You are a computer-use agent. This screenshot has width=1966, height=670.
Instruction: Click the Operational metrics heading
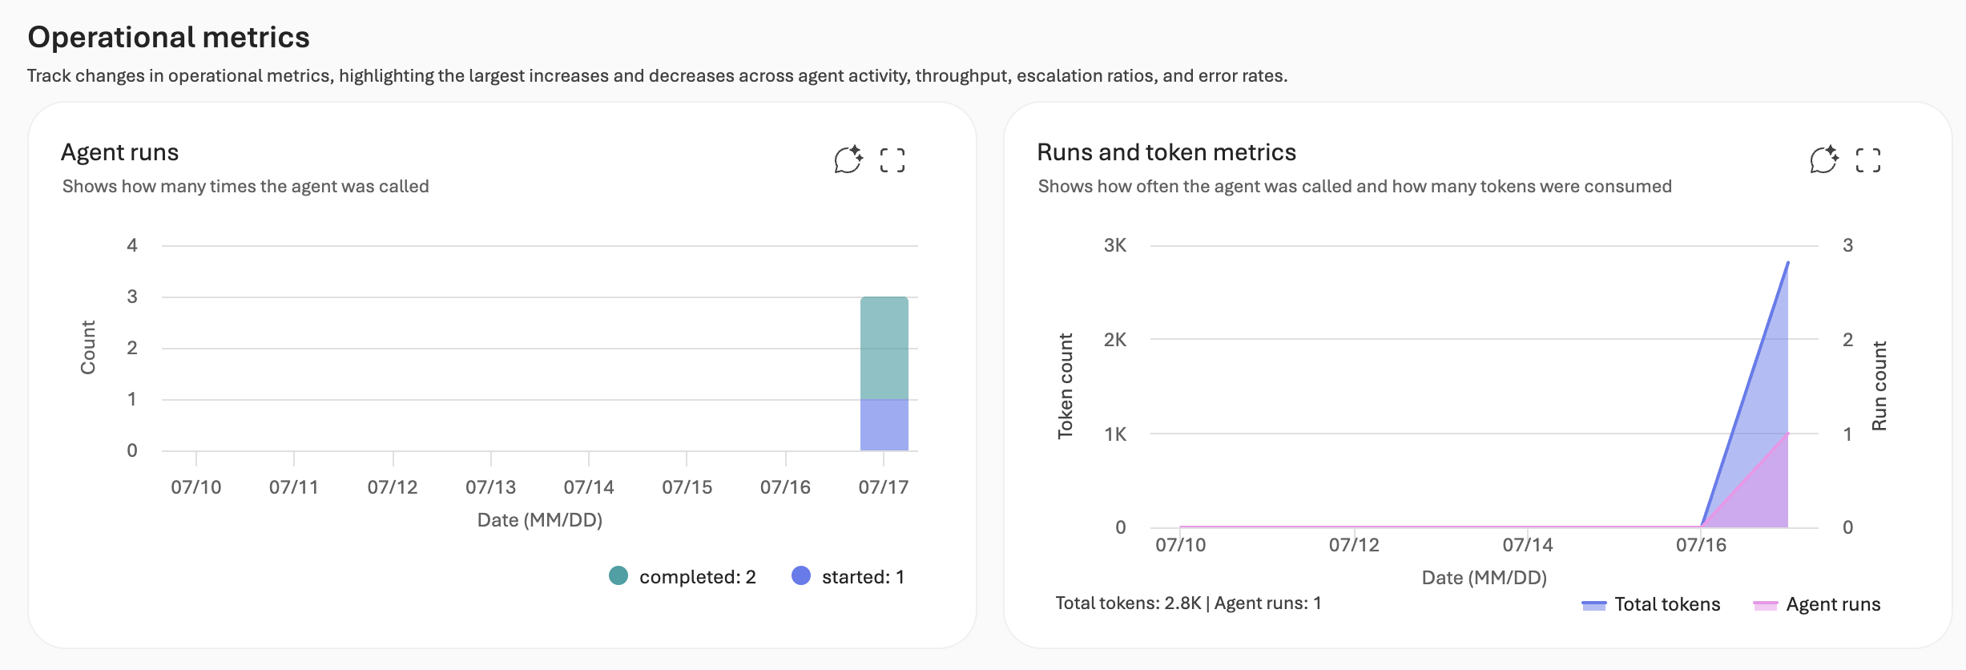coord(168,37)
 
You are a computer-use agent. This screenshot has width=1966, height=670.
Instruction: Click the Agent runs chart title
coord(120,152)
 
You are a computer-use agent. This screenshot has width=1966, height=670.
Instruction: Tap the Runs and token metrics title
coord(1166,152)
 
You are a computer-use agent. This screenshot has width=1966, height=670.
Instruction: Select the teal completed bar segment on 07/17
coord(884,349)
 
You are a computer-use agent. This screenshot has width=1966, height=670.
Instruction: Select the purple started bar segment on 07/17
coord(884,426)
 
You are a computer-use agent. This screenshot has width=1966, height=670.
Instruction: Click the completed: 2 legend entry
coord(683,576)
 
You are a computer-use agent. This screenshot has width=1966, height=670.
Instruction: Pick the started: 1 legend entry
coord(848,576)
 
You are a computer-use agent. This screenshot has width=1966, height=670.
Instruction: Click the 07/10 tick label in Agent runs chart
coord(196,487)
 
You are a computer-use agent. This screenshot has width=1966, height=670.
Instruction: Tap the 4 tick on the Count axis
coord(132,245)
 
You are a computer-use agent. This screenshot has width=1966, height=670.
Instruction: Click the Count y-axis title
coord(88,348)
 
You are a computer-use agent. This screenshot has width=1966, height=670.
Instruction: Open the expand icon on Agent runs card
coord(892,160)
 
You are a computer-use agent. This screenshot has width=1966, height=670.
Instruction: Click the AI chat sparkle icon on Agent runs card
coord(848,159)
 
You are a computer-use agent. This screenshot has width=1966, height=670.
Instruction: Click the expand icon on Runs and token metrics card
coord(1868,160)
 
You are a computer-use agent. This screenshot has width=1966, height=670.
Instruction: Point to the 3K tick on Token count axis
coord(1115,245)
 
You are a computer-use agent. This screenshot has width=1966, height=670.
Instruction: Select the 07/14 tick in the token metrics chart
coord(1528,545)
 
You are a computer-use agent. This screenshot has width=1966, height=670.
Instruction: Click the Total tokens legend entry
coord(1651,604)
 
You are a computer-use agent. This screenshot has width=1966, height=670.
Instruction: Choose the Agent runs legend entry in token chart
coord(1817,604)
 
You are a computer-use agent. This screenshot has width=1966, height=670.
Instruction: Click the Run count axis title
coord(1879,386)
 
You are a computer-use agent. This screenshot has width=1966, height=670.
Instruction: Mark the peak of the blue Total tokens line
coord(1788,262)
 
